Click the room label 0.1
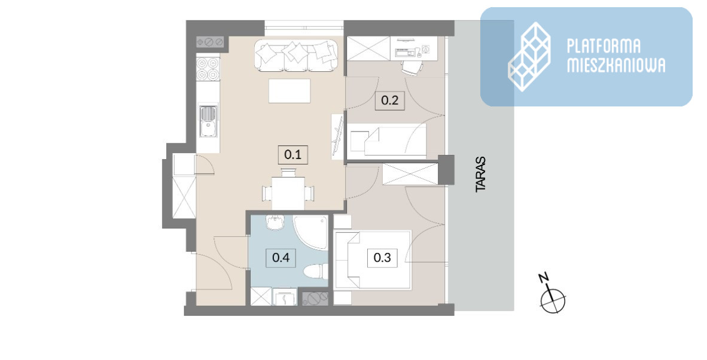point(292,155)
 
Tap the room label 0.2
point(390,100)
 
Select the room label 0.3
point(382,258)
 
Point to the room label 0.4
point(281,258)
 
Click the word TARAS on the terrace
point(481,175)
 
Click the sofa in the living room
point(296,55)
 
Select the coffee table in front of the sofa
point(289,91)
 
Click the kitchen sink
point(208,120)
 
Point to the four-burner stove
point(208,68)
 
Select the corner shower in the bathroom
point(310,233)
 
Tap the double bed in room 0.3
point(372,260)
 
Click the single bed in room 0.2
point(388,140)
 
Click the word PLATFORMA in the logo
point(604,47)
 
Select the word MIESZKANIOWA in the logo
point(616,65)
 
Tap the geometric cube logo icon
point(529,57)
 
